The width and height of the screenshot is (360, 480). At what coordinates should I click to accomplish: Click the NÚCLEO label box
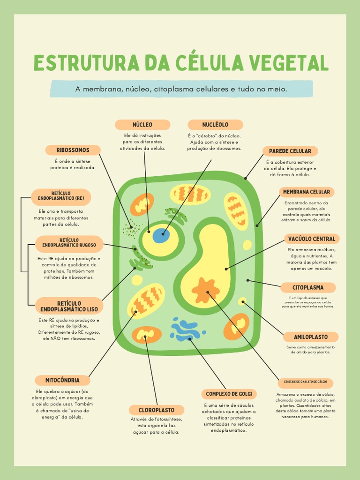[x=142, y=125]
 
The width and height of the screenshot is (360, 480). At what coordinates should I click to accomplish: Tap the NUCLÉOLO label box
[x=215, y=125]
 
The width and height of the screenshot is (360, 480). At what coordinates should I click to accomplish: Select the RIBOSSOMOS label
[x=73, y=150]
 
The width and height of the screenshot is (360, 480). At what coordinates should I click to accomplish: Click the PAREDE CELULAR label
[x=290, y=151]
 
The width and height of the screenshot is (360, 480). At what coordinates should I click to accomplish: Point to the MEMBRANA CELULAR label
[x=307, y=192]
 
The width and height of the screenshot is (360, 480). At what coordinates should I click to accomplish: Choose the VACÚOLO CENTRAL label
[x=311, y=239]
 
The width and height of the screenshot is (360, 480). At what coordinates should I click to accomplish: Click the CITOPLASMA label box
[x=308, y=287]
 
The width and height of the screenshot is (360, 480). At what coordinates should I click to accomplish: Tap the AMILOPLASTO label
[x=310, y=337]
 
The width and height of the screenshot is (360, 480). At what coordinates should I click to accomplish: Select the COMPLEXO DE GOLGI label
[x=229, y=394]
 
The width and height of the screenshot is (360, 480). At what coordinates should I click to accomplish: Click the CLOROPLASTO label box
[x=156, y=410]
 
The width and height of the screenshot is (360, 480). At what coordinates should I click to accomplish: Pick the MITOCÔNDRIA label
[x=62, y=380]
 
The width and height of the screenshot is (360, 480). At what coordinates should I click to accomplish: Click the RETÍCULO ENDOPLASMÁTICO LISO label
[x=69, y=306]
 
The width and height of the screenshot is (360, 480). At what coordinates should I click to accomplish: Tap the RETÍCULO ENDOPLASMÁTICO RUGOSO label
[x=69, y=244]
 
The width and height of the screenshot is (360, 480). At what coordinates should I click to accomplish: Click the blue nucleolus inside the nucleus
[x=161, y=235]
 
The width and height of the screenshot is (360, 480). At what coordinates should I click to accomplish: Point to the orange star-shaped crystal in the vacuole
[x=205, y=290]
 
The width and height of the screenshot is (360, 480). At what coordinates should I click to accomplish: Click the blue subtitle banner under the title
[x=181, y=89]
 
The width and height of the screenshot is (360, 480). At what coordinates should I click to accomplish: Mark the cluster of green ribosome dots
[x=131, y=230]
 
